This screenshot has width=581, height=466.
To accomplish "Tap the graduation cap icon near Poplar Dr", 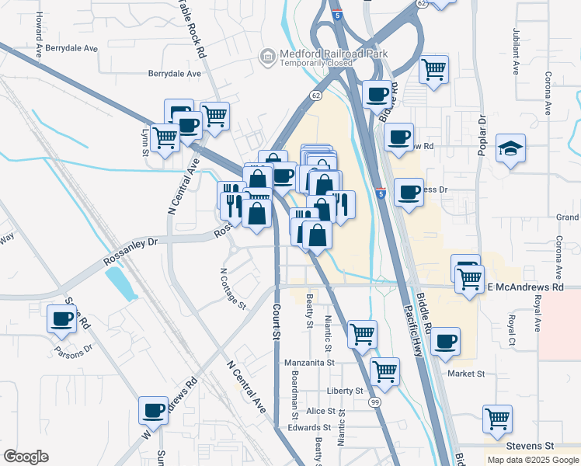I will point(510,148).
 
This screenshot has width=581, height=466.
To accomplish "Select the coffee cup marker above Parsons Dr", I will point(62,318).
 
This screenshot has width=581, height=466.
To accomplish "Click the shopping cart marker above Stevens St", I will point(497,419).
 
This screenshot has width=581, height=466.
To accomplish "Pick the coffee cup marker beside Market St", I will point(445,341).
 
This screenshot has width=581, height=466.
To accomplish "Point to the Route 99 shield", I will point(374,402).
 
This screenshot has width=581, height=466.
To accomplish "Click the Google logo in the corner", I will point(26,457).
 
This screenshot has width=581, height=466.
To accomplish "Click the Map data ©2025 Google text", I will point(533,460).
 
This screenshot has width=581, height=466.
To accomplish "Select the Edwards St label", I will point(294,428).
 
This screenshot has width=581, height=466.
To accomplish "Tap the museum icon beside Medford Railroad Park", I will point(268,56).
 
